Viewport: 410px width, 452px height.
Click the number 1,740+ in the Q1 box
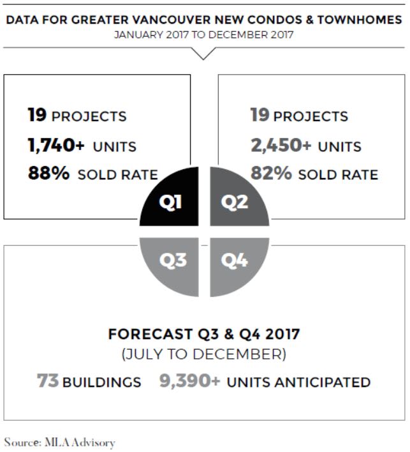tap(56, 145)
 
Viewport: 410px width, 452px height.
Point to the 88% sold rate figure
tap(48, 173)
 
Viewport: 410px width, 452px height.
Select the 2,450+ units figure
tap(281, 145)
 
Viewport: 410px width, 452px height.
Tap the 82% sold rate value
tap(271, 173)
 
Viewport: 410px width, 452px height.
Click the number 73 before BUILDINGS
tap(48, 380)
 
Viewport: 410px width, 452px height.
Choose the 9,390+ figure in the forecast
tap(190, 380)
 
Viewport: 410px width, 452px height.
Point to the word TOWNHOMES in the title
tap(360, 20)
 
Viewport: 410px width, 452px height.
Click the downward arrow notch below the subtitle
tap(203, 54)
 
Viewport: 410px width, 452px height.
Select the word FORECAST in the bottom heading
tap(150, 335)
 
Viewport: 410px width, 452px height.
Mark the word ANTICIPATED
tap(323, 382)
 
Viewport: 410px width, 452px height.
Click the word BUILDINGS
tap(102, 382)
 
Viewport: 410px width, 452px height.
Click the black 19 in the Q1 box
tap(37, 115)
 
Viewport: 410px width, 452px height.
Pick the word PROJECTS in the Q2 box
tap(311, 116)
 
